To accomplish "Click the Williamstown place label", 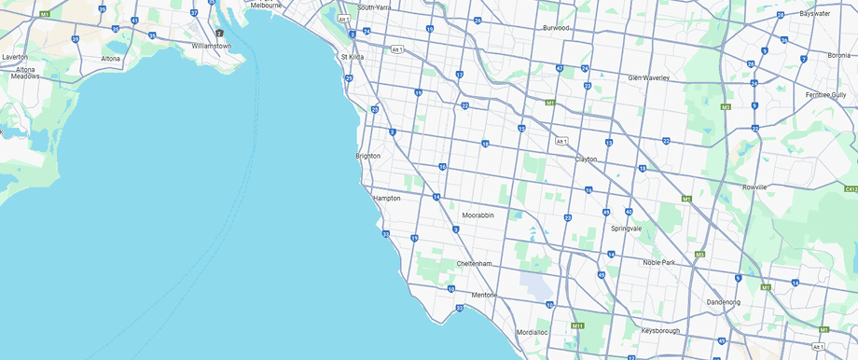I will click(211, 45).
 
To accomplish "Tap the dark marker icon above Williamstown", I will click(220, 34).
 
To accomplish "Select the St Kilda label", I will click(353, 56).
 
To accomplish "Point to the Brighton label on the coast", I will click(367, 156).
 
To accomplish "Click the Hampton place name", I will click(386, 199).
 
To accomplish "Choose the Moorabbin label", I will click(477, 215).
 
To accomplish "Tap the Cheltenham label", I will click(474, 264).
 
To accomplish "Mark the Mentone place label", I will click(484, 295).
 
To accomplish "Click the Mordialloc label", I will click(533, 332).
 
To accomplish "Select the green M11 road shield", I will click(578, 325).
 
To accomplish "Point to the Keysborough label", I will click(662, 330).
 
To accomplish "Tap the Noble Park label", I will click(664, 262).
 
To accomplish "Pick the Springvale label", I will click(626, 228).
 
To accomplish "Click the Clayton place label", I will click(586, 159).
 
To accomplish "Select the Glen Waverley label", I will click(648, 77).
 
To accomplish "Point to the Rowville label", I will click(754, 187).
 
